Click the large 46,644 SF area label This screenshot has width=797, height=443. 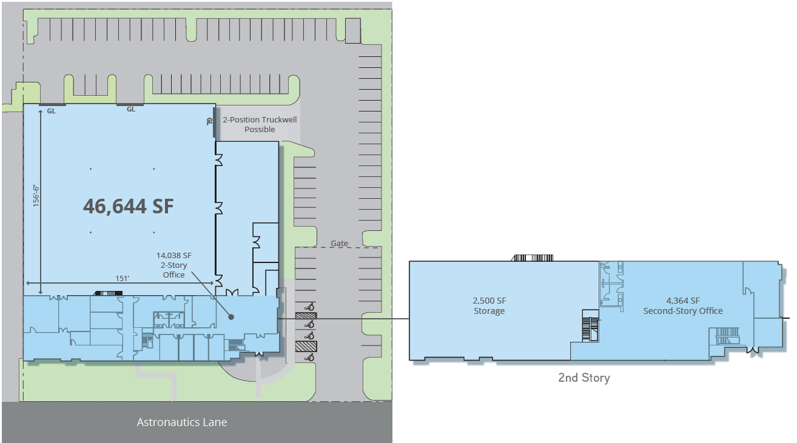128,206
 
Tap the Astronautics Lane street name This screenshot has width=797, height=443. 182,422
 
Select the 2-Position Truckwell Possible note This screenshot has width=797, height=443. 260,124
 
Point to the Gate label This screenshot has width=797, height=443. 340,244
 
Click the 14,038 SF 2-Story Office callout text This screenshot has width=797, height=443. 174,265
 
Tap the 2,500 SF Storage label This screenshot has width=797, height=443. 489,306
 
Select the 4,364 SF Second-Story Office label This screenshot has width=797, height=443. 683,306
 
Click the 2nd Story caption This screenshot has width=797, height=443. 583,378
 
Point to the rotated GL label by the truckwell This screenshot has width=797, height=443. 209,121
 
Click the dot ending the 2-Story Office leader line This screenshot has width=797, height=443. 230,316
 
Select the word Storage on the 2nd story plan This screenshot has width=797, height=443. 489,311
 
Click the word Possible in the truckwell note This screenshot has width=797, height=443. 260,130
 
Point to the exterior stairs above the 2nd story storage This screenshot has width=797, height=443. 533,258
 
